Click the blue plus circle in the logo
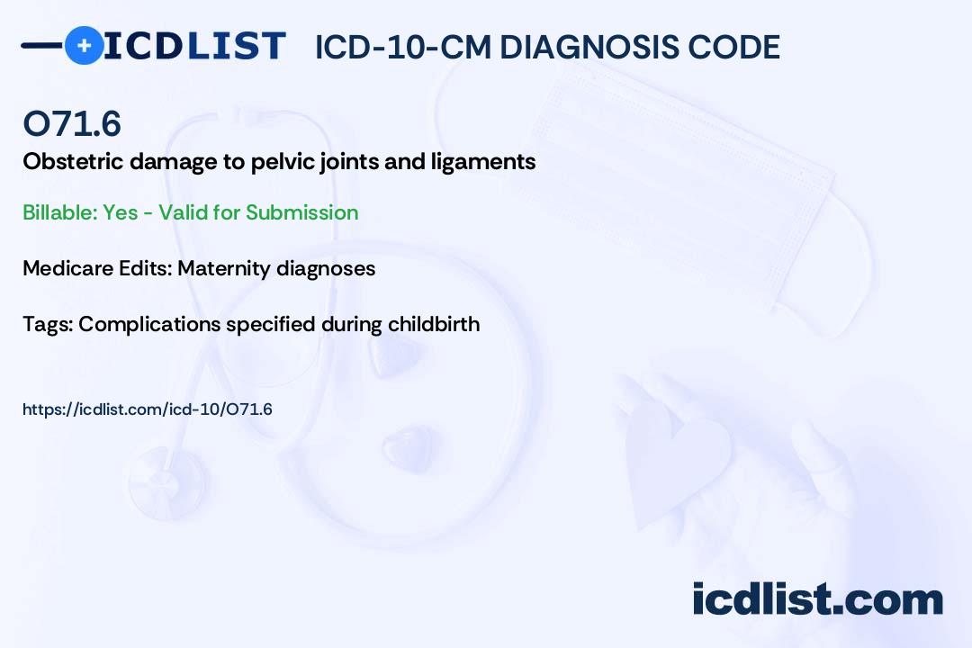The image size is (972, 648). click(x=84, y=45)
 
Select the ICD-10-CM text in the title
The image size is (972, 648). click(x=403, y=47)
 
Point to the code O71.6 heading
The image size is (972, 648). click(x=72, y=124)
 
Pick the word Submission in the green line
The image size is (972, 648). click(x=301, y=212)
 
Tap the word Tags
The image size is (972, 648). click(x=45, y=324)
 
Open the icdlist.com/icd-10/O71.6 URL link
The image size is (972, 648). click(x=148, y=409)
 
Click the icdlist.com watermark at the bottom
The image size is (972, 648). click(x=817, y=599)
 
